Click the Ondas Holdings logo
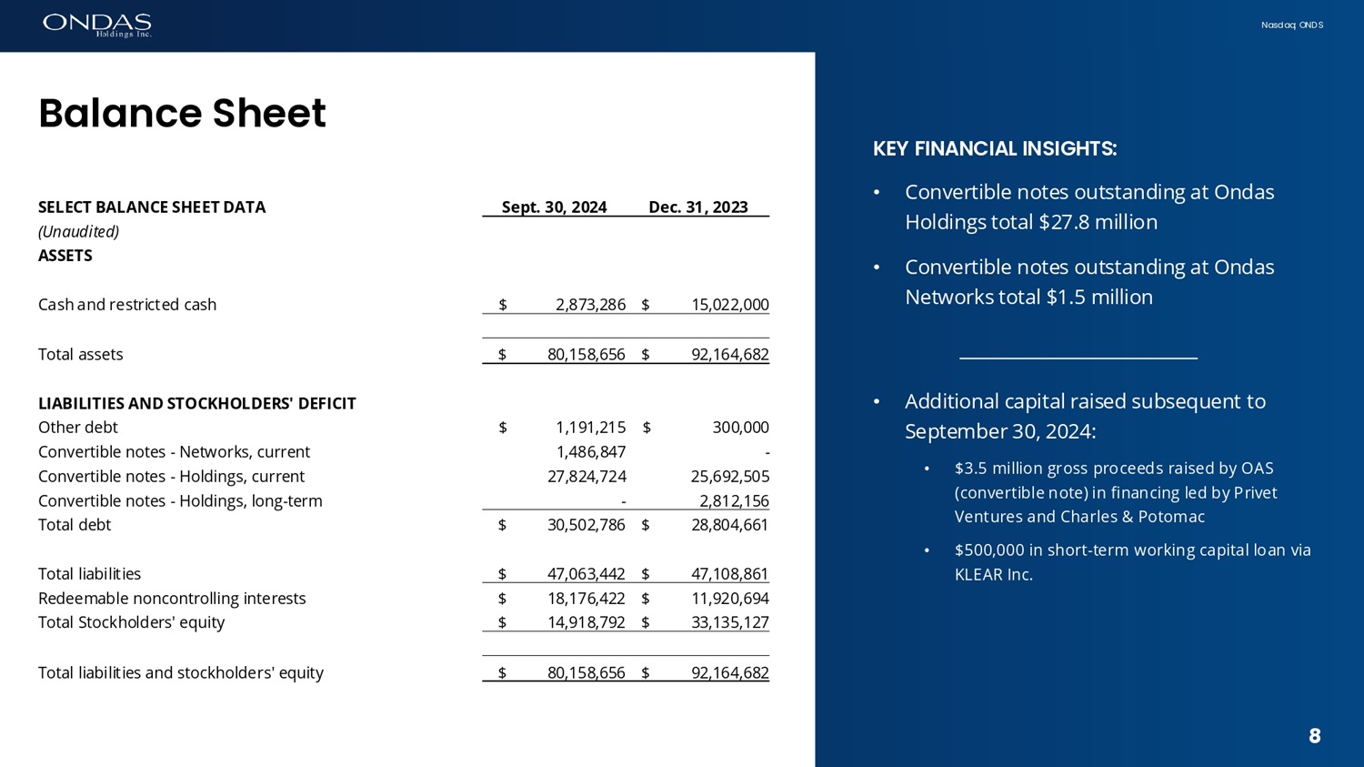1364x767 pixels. [97, 25]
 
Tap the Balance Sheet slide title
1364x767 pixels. [182, 114]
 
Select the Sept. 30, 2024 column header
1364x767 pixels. [554, 207]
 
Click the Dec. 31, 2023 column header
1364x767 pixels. [697, 207]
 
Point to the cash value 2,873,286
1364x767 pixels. [590, 305]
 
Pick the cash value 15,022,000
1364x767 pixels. [729, 305]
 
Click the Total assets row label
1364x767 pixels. [80, 355]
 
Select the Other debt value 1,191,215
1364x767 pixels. [590, 428]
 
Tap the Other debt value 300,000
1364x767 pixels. [740, 428]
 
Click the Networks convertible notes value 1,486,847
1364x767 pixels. [590, 452]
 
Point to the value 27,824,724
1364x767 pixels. [587, 477]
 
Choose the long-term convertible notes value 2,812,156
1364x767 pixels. [734, 501]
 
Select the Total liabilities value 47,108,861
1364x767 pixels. [729, 574]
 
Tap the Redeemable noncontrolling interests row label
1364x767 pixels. [172, 599]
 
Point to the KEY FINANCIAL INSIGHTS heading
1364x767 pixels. [995, 149]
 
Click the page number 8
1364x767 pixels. [1314, 736]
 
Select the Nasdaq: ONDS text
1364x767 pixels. [1291, 25]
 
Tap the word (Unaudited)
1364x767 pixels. [78, 232]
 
